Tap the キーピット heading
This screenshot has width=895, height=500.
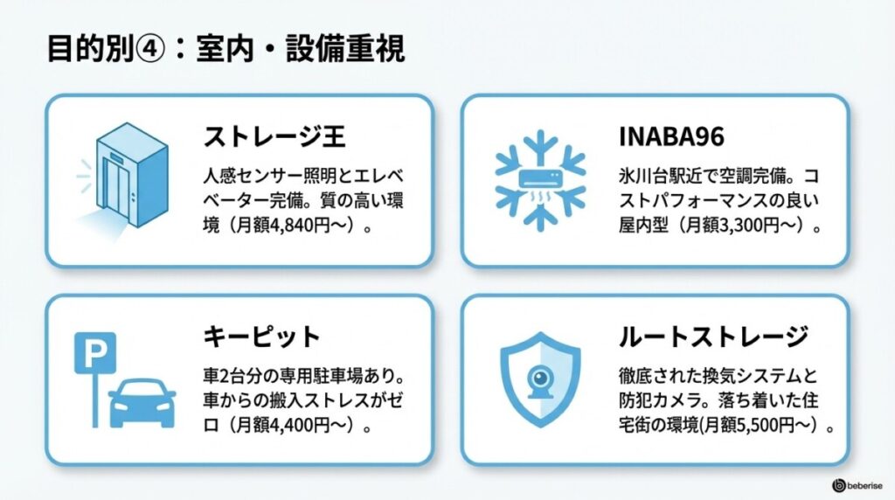[263, 336]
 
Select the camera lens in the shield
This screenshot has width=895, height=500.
[539, 378]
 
